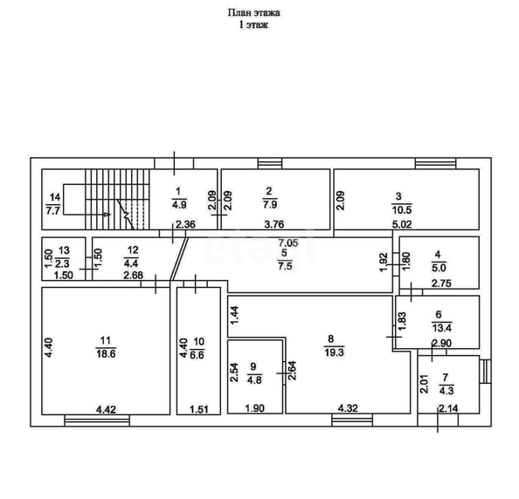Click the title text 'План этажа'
[254, 13]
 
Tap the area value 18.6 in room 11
[106, 354]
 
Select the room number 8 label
[330, 338]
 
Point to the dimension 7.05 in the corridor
[288, 243]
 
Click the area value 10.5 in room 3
[402, 210]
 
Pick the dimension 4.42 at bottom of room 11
[106, 410]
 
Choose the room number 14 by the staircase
[55, 197]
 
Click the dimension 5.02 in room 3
[402, 225]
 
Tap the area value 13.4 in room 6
[441, 328]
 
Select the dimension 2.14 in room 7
[448, 408]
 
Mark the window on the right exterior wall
[485, 372]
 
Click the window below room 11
[97, 420]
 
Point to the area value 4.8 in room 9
[254, 380]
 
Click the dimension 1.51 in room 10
[199, 410]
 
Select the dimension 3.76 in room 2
[274, 224]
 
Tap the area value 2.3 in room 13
[62, 264]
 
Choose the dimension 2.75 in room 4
[441, 284]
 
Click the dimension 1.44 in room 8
[234, 316]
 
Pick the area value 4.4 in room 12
[132, 264]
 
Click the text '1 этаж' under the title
[254, 25]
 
